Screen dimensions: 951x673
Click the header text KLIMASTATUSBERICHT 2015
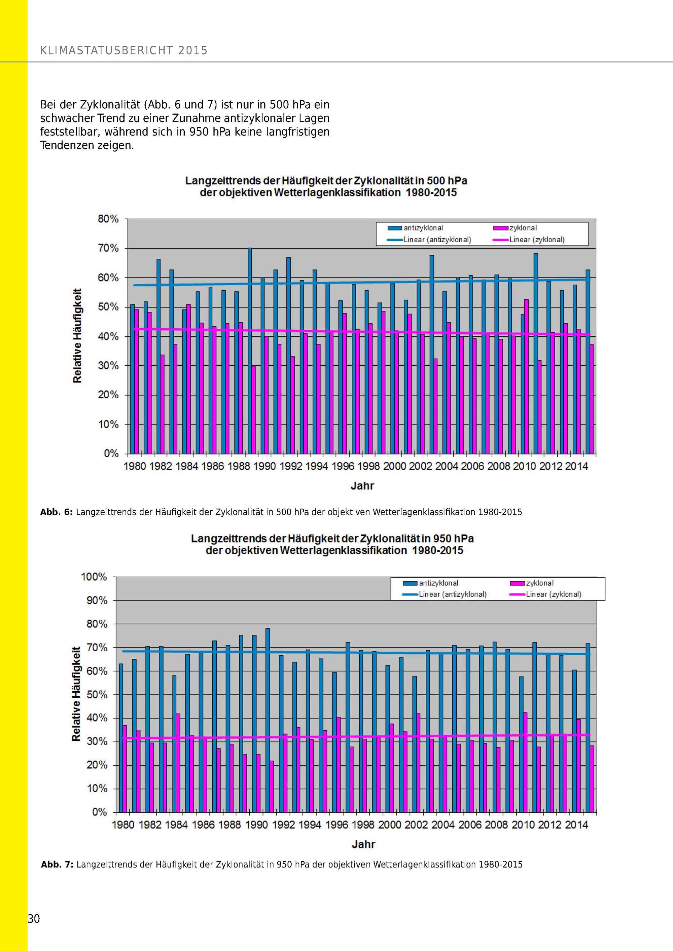click(124, 50)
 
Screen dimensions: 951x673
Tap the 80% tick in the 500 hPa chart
click(108, 219)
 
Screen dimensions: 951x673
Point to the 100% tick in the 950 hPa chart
click(94, 577)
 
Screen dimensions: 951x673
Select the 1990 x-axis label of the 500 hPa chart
click(264, 466)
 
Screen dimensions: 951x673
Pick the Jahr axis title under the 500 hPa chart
click(362, 486)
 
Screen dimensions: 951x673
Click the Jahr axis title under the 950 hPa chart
click(363, 844)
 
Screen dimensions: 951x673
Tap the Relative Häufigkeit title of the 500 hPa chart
click(77, 335)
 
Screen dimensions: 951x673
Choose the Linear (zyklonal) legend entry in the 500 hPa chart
click(537, 240)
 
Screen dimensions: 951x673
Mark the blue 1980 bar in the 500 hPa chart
click(133, 379)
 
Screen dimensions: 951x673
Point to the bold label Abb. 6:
click(56, 512)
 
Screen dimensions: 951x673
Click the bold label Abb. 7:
click(57, 865)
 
